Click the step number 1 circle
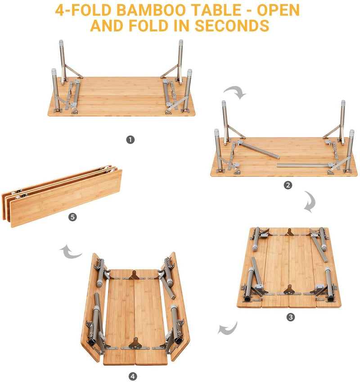(x=130, y=140)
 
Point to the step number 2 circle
(x=288, y=185)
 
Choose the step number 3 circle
(x=291, y=317)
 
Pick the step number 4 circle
(x=133, y=376)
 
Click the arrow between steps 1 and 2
(x=235, y=93)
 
